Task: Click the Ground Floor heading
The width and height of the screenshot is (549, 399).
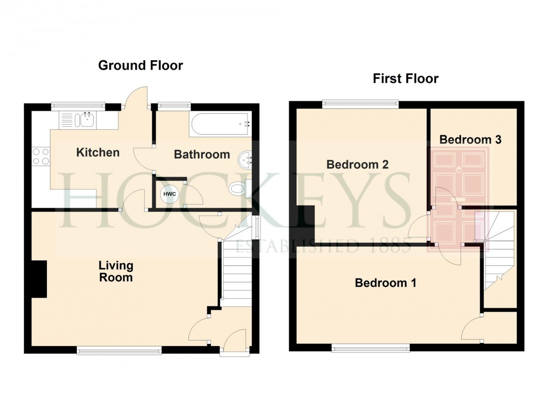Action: [140, 65]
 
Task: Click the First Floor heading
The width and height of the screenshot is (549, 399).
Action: [405, 78]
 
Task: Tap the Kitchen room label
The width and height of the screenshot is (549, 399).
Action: [98, 153]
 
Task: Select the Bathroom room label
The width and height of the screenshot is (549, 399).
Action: [202, 155]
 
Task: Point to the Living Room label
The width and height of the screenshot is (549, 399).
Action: [116, 271]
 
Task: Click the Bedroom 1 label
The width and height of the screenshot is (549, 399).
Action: [385, 283]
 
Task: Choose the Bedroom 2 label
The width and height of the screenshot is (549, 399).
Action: [357, 165]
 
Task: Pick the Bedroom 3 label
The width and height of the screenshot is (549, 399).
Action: [470, 140]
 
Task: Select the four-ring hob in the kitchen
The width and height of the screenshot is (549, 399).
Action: [40, 156]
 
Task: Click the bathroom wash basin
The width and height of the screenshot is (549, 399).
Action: [246, 161]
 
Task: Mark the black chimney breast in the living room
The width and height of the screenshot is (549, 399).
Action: [38, 279]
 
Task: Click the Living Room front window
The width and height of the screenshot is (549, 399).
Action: [119, 351]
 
